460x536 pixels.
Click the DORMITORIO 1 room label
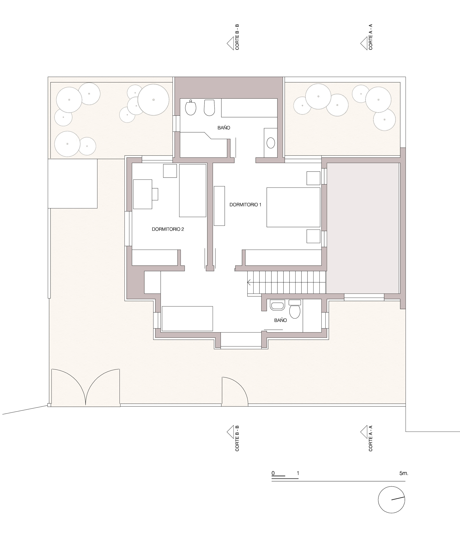pyautogui.click(x=245, y=205)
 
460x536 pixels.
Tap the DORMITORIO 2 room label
pyautogui.click(x=168, y=229)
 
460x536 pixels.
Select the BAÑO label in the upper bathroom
pyautogui.click(x=224, y=128)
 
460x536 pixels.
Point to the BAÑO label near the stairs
pyautogui.click(x=280, y=320)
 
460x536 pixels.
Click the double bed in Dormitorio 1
pyautogui.click(x=293, y=207)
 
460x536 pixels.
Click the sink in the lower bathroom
pyautogui.click(x=277, y=305)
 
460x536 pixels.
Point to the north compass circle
pyautogui.click(x=391, y=500)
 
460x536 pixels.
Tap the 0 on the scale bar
pyautogui.click(x=273, y=473)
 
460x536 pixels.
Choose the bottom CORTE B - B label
pyautogui.click(x=237, y=438)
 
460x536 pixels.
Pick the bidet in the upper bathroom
pyautogui.click(x=209, y=108)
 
